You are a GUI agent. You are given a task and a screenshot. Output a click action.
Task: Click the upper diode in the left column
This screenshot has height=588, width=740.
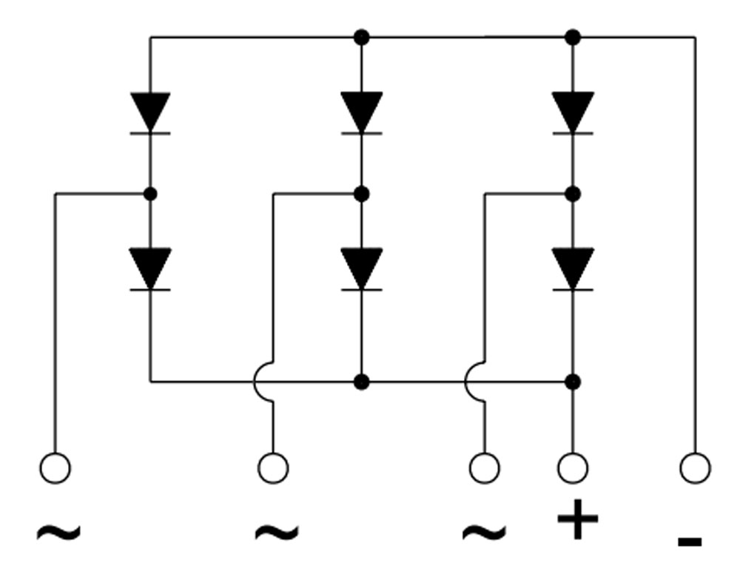pyautogui.click(x=150, y=113)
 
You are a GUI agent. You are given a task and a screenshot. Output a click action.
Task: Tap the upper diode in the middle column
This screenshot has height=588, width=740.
pyautogui.click(x=361, y=113)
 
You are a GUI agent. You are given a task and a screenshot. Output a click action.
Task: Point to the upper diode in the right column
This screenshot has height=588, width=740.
pyautogui.click(x=573, y=113)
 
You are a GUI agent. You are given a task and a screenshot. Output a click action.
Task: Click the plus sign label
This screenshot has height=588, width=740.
pyautogui.click(x=577, y=520)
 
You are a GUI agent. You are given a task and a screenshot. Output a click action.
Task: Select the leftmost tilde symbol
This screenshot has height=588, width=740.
pyautogui.click(x=58, y=531)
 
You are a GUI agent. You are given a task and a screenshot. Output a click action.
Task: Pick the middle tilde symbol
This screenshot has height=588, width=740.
pyautogui.click(x=276, y=531)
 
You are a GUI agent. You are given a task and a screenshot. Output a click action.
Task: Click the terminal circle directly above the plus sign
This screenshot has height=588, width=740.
pyautogui.click(x=573, y=468)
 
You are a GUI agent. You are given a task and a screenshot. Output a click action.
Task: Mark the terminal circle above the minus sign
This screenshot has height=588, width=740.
pyautogui.click(x=695, y=468)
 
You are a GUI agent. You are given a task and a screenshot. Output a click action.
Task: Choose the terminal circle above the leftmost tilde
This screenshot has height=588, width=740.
pyautogui.click(x=55, y=468)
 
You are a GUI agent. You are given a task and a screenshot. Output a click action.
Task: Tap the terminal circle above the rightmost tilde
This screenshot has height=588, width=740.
pyautogui.click(x=485, y=468)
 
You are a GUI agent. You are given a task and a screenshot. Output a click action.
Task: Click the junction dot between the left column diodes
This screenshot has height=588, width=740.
pyautogui.click(x=150, y=194)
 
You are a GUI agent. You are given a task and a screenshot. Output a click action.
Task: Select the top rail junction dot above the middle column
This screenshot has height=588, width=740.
pyautogui.click(x=361, y=37)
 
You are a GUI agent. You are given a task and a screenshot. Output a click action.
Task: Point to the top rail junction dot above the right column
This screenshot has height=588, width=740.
pyautogui.click(x=573, y=37)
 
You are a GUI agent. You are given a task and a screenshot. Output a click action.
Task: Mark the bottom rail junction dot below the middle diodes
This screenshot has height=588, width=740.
pyautogui.click(x=361, y=382)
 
